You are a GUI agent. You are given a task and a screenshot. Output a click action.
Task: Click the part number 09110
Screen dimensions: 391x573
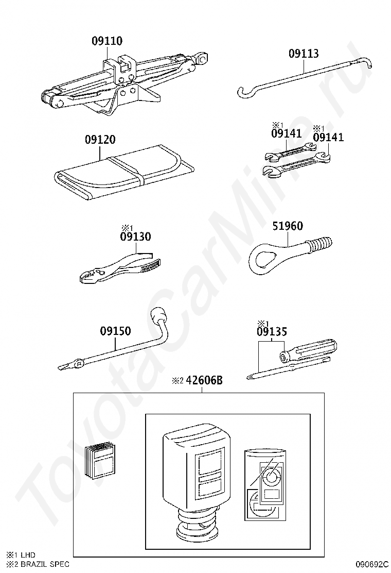pyautogui.click(x=107, y=41)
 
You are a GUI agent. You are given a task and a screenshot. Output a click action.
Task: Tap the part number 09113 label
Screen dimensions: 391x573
pyautogui.click(x=304, y=54)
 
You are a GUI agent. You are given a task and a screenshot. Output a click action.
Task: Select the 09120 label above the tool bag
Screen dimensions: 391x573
pyautogui.click(x=100, y=139)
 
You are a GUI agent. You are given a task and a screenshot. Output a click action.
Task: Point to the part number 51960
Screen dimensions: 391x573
pyautogui.click(x=288, y=226)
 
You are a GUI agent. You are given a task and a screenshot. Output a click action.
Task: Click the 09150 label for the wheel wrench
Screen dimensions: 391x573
pyautogui.click(x=115, y=331)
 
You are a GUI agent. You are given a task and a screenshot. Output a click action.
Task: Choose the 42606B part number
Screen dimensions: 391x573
pyautogui.click(x=204, y=380)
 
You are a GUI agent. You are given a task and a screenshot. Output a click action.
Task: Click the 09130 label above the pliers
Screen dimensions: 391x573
pyautogui.click(x=135, y=237)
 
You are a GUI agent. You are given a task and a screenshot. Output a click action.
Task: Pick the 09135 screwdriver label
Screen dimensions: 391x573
pyautogui.click(x=272, y=331)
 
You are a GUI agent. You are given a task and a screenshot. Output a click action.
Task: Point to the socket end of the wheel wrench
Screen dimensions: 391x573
pyautogui.click(x=158, y=314)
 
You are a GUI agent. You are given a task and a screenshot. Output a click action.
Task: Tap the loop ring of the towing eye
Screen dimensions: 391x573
pyautogui.click(x=264, y=258)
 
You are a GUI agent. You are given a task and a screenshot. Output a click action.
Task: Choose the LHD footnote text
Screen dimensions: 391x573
pyautogui.click(x=28, y=555)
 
